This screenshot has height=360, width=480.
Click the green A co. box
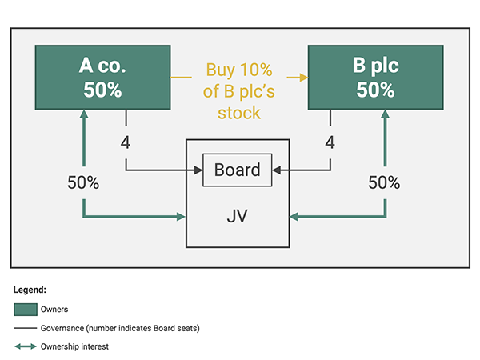pos(103,77)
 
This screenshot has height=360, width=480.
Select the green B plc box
pos(376,77)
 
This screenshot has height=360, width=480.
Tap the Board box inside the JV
pos(238,170)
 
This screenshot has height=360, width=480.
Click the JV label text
pos(238,216)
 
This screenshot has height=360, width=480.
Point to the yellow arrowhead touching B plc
pos(304,78)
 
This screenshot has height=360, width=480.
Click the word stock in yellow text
pos(239,113)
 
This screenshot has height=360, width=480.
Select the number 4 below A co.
pos(126,142)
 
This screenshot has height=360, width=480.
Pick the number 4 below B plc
pos(330,142)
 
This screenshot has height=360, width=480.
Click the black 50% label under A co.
pos(83,182)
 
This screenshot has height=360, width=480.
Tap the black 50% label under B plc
pos(384,182)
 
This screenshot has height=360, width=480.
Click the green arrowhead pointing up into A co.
pos(84,114)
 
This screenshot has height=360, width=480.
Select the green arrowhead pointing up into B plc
pos(385,114)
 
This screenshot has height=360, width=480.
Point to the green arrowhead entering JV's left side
pos(182,217)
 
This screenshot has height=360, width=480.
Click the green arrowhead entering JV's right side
pos(294,217)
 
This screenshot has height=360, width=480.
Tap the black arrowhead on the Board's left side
pos(198,170)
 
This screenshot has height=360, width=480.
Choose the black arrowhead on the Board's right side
pos(277,170)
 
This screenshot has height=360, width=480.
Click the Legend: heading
pos(30,290)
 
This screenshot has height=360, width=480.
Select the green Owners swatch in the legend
pos(26,310)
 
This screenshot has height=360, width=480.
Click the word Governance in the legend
pos(62,328)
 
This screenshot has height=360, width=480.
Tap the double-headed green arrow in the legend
pos(26,346)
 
